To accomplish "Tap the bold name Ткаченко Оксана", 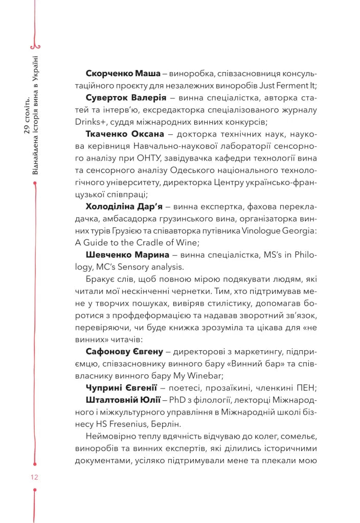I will point(125,134).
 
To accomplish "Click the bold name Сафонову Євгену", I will point(124,352).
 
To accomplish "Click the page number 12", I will point(34,477).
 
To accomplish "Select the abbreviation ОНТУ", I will point(150,158).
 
